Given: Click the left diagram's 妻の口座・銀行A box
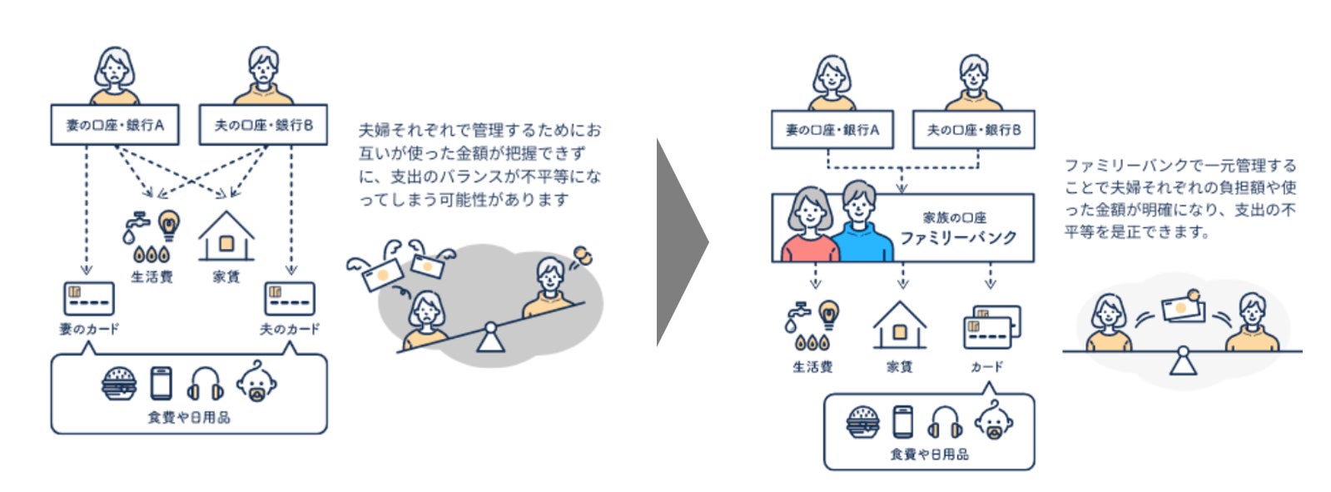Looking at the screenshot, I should point(115,125).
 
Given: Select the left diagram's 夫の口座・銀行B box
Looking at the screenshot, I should point(263,125).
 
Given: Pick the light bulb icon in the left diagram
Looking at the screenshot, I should point(169,225).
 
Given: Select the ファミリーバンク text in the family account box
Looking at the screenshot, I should point(958,237).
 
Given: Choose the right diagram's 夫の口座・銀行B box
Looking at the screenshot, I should point(973,130).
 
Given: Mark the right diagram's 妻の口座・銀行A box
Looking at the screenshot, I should point(832,130).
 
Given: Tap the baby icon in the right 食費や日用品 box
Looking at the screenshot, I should point(993,420).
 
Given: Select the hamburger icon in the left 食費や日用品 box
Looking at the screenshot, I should point(119,384).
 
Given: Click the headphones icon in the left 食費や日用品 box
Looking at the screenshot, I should point(206,384).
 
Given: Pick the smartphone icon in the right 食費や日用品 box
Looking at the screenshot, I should point(902,420).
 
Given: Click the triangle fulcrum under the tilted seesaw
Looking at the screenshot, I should point(489,339).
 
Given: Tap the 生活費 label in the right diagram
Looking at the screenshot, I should point(812,366).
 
